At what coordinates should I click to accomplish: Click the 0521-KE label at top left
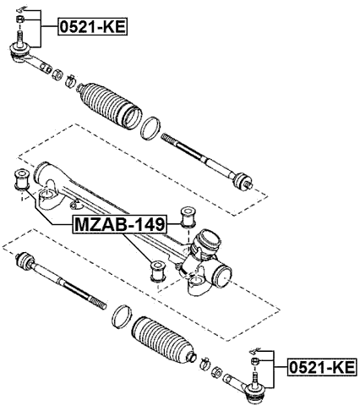tap(91, 26)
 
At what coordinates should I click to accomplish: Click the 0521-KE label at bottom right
tap(322, 366)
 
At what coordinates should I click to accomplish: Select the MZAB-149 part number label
tap(118, 224)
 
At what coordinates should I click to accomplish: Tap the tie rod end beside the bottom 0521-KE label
tap(254, 390)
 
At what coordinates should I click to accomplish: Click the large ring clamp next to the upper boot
tap(150, 129)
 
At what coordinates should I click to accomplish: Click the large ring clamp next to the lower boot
tap(120, 315)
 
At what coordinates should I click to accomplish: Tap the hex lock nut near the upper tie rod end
tap(56, 74)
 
